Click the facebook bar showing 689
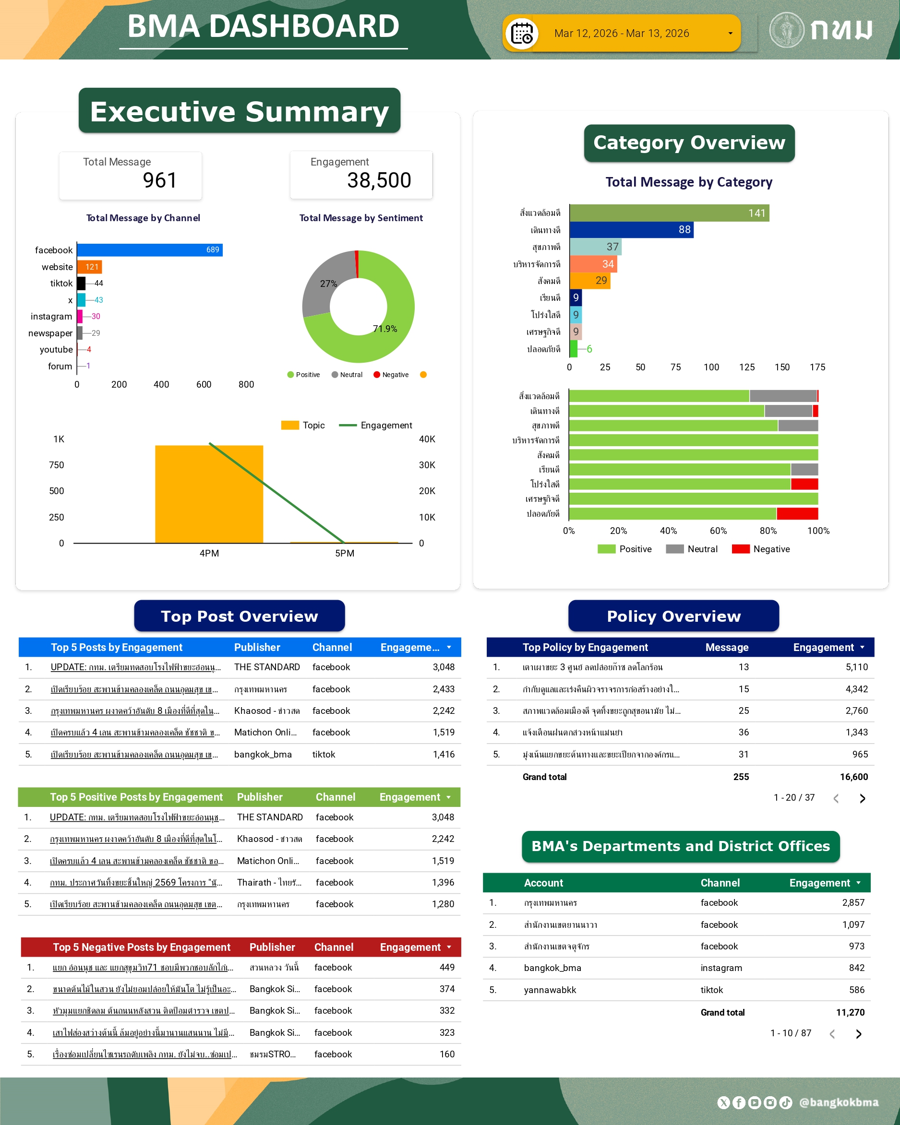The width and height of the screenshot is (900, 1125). pos(149,250)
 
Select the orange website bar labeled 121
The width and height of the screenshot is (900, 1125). pos(89,267)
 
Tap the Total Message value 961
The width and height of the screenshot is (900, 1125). pos(160,180)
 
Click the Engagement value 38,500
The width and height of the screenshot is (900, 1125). pos(379,180)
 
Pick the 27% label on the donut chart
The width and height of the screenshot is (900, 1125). pos(328,284)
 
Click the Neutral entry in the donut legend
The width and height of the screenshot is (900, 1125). pos(347,375)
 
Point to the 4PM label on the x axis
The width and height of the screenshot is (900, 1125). pos(209,553)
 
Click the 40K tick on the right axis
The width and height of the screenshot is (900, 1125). pos(427,439)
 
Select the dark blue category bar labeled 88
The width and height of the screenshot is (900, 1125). pos(631,230)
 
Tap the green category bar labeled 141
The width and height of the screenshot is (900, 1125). pos(669,213)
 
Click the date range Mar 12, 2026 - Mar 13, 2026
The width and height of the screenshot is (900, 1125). pos(621,34)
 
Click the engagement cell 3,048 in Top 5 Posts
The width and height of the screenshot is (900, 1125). pos(443,667)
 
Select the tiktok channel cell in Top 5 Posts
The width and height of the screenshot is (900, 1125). pos(324,754)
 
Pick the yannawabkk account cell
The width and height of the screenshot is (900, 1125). pos(550,990)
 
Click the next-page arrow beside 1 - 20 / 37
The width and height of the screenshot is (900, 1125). pos(863,798)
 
